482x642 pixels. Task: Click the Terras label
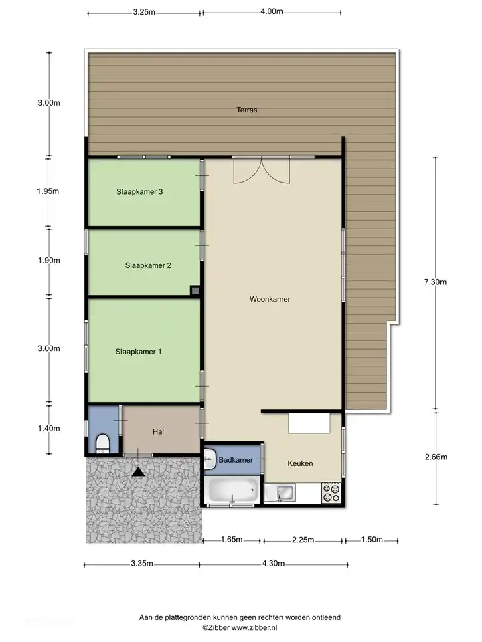247,110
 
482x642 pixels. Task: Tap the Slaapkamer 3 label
139,192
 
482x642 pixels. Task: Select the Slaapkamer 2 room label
148,265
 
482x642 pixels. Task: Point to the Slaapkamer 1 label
138,352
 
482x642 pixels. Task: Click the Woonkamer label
270,300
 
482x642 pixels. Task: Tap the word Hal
158,431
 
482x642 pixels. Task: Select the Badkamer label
236,460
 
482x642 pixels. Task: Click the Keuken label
300,463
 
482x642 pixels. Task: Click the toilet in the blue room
102,444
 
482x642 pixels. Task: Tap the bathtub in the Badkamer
233,490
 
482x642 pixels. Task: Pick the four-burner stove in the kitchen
331,493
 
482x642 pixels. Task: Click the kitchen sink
280,493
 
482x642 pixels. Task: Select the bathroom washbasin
210,459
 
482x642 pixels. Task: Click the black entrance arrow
138,472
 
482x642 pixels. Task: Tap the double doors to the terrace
262,170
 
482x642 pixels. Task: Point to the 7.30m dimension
435,282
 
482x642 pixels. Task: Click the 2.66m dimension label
436,457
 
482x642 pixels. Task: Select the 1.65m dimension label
232,540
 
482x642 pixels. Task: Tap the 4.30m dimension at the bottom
273,564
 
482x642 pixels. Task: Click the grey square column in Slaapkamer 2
195,291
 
